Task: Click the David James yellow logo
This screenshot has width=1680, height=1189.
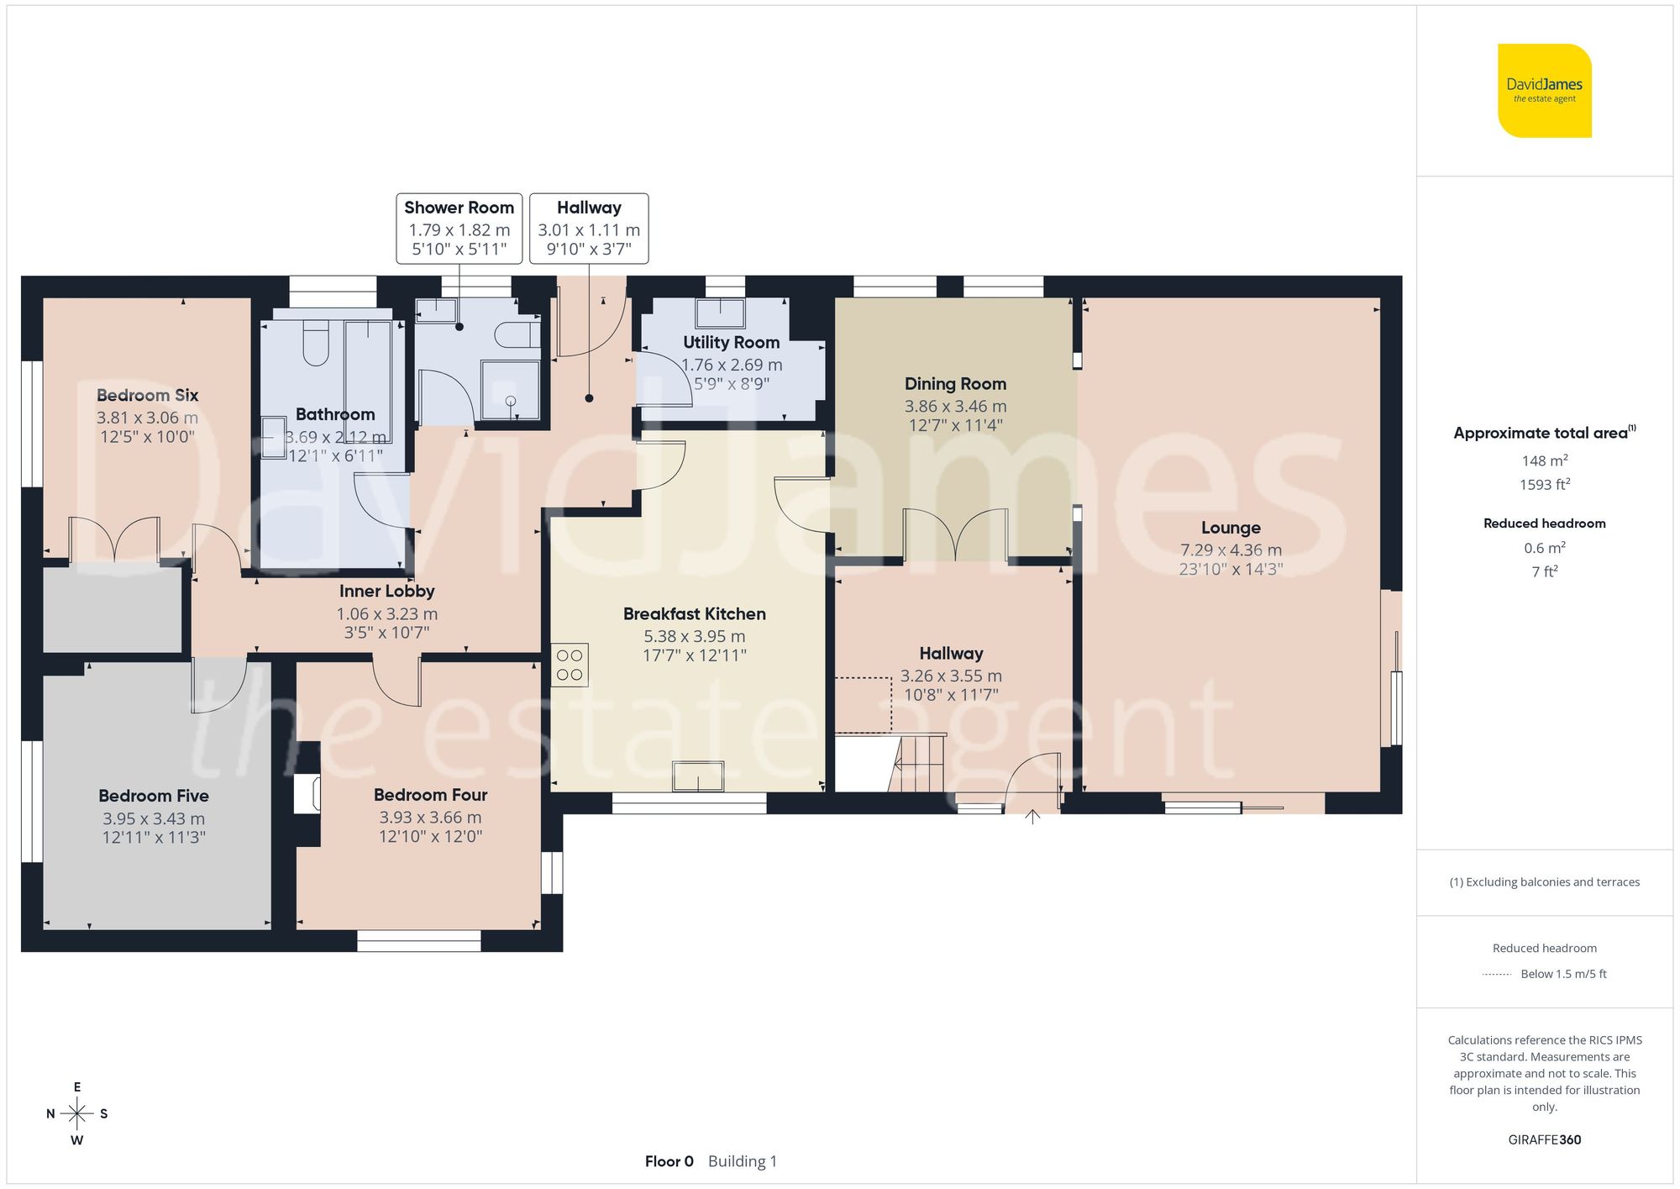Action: (x=1544, y=91)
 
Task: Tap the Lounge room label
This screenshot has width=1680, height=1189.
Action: (x=1230, y=528)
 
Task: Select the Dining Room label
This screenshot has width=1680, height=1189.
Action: (x=955, y=384)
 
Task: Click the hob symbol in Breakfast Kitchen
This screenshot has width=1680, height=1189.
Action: (x=570, y=666)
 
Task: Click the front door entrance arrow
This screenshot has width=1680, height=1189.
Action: (x=1032, y=816)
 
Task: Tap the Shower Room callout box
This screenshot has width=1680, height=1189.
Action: (x=459, y=228)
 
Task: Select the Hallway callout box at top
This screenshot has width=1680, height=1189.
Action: (x=589, y=228)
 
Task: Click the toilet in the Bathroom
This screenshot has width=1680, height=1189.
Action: (x=316, y=342)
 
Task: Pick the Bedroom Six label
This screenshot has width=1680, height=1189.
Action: (x=147, y=395)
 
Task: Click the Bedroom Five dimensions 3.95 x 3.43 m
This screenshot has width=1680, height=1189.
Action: (x=154, y=818)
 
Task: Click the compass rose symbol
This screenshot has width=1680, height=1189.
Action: (x=76, y=1114)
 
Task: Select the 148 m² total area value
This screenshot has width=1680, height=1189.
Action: (x=1544, y=460)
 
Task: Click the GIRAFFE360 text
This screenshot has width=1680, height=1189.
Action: (x=1544, y=1139)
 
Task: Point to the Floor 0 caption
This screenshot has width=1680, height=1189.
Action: (x=669, y=1161)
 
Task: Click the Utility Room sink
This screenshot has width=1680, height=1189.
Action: (x=720, y=313)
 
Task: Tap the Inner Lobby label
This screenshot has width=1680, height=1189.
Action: (x=386, y=592)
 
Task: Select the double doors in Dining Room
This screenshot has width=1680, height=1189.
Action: (x=955, y=534)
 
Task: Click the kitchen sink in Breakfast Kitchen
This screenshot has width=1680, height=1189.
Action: (x=698, y=776)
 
